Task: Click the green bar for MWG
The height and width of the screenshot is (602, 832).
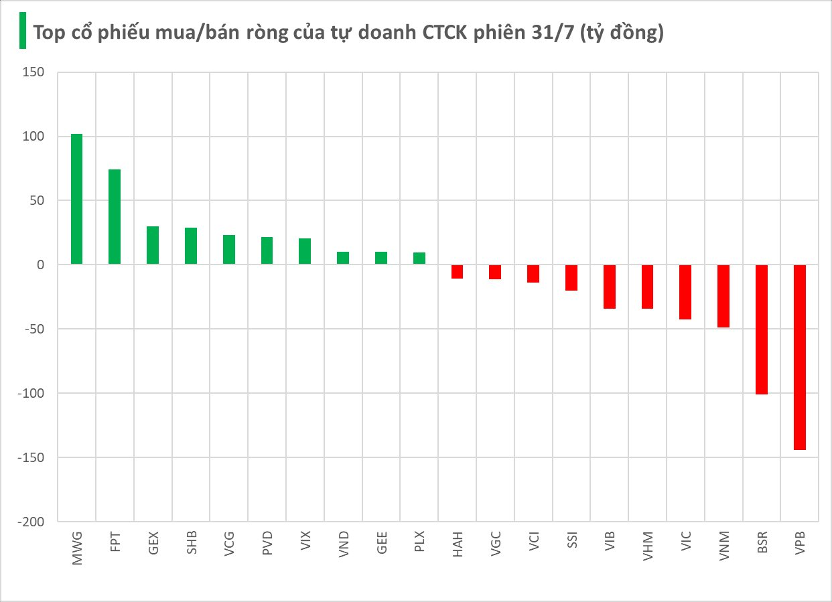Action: pos(76,200)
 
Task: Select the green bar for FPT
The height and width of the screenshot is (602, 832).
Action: pos(115,217)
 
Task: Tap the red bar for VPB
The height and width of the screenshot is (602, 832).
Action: pos(799,357)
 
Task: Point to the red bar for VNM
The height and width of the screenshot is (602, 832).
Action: pos(723,296)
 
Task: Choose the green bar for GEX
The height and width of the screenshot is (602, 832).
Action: pos(153,245)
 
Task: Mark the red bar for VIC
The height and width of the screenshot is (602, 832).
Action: pos(685,292)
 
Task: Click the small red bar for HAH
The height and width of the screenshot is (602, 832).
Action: pos(457,271)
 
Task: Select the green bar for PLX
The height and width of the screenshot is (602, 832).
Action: pos(419,258)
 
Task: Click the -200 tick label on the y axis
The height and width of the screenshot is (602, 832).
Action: pos(31,522)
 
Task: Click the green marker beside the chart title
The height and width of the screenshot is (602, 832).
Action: pos(22,31)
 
